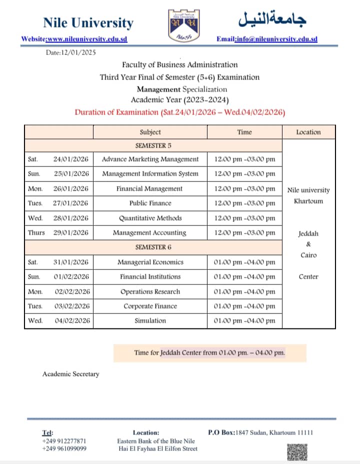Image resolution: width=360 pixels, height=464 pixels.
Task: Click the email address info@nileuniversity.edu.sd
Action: click(x=276, y=39)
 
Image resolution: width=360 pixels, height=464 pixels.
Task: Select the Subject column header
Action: click(x=150, y=132)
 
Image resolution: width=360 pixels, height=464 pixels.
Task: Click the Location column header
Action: click(x=308, y=132)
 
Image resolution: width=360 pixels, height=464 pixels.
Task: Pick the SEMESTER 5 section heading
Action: click(x=153, y=145)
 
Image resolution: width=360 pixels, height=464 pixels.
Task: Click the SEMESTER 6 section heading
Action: click(x=153, y=247)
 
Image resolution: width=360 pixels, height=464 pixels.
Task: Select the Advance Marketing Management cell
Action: click(x=150, y=159)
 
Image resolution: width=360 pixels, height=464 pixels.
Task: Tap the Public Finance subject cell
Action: click(x=150, y=203)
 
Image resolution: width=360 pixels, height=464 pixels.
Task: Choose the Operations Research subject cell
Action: click(x=150, y=291)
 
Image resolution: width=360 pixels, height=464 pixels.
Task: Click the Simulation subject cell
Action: click(x=150, y=320)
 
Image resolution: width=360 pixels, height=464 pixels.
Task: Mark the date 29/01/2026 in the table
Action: click(x=70, y=232)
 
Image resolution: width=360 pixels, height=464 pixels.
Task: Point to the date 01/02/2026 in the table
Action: click(x=70, y=276)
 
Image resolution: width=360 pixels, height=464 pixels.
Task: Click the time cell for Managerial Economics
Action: click(x=244, y=262)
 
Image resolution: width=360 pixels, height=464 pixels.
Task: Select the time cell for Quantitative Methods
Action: click(x=244, y=218)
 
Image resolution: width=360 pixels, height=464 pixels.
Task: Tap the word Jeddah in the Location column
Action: click(x=308, y=233)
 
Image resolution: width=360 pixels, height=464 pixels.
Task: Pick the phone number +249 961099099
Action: click(x=64, y=448)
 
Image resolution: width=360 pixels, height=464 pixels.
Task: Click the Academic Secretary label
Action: click(x=70, y=373)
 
